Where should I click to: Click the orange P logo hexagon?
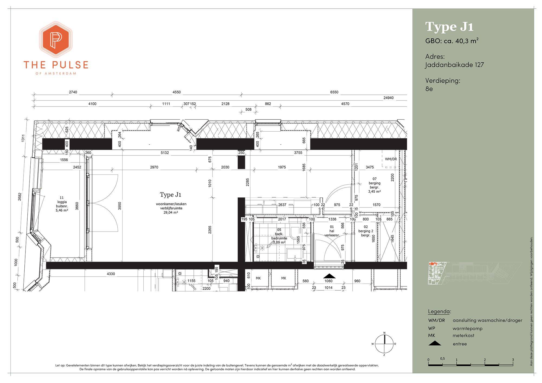click(x=56, y=40)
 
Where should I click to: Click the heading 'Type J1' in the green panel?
click(x=449, y=27)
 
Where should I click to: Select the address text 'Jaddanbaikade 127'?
click(x=454, y=65)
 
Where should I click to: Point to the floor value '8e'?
click(x=429, y=89)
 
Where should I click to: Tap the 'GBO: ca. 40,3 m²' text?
click(x=452, y=41)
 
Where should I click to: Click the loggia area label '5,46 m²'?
click(x=62, y=210)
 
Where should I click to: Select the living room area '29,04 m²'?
click(x=171, y=213)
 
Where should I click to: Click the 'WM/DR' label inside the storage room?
click(x=391, y=159)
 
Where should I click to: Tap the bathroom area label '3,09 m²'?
click(x=279, y=242)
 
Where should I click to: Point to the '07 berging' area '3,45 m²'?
click(x=375, y=192)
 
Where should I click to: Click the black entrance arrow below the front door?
click(x=329, y=276)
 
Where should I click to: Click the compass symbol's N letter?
click(x=384, y=333)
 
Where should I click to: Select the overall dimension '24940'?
click(x=389, y=98)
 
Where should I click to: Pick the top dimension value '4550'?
click(x=176, y=92)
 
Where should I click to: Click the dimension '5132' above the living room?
click(x=165, y=153)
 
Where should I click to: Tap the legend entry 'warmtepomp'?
click(x=467, y=329)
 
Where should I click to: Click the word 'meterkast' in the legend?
click(x=463, y=336)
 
